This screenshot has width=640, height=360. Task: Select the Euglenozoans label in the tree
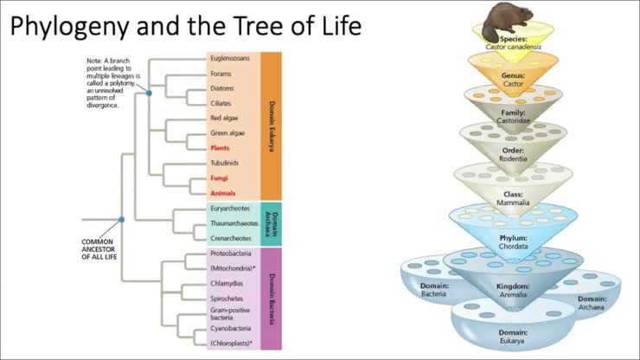[231, 59]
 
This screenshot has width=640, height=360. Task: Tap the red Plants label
[221, 148]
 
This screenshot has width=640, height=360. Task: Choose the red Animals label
[223, 193]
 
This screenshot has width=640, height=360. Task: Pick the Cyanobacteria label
[230, 329]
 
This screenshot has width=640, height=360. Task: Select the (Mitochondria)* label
[231, 269]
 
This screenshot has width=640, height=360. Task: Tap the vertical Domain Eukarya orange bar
[272, 125]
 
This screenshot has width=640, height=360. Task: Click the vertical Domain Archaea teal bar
[272, 222]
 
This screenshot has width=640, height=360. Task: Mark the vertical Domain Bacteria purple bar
[272, 299]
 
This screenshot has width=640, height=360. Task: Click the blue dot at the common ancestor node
[122, 220]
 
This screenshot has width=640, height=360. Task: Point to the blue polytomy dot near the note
[149, 92]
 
